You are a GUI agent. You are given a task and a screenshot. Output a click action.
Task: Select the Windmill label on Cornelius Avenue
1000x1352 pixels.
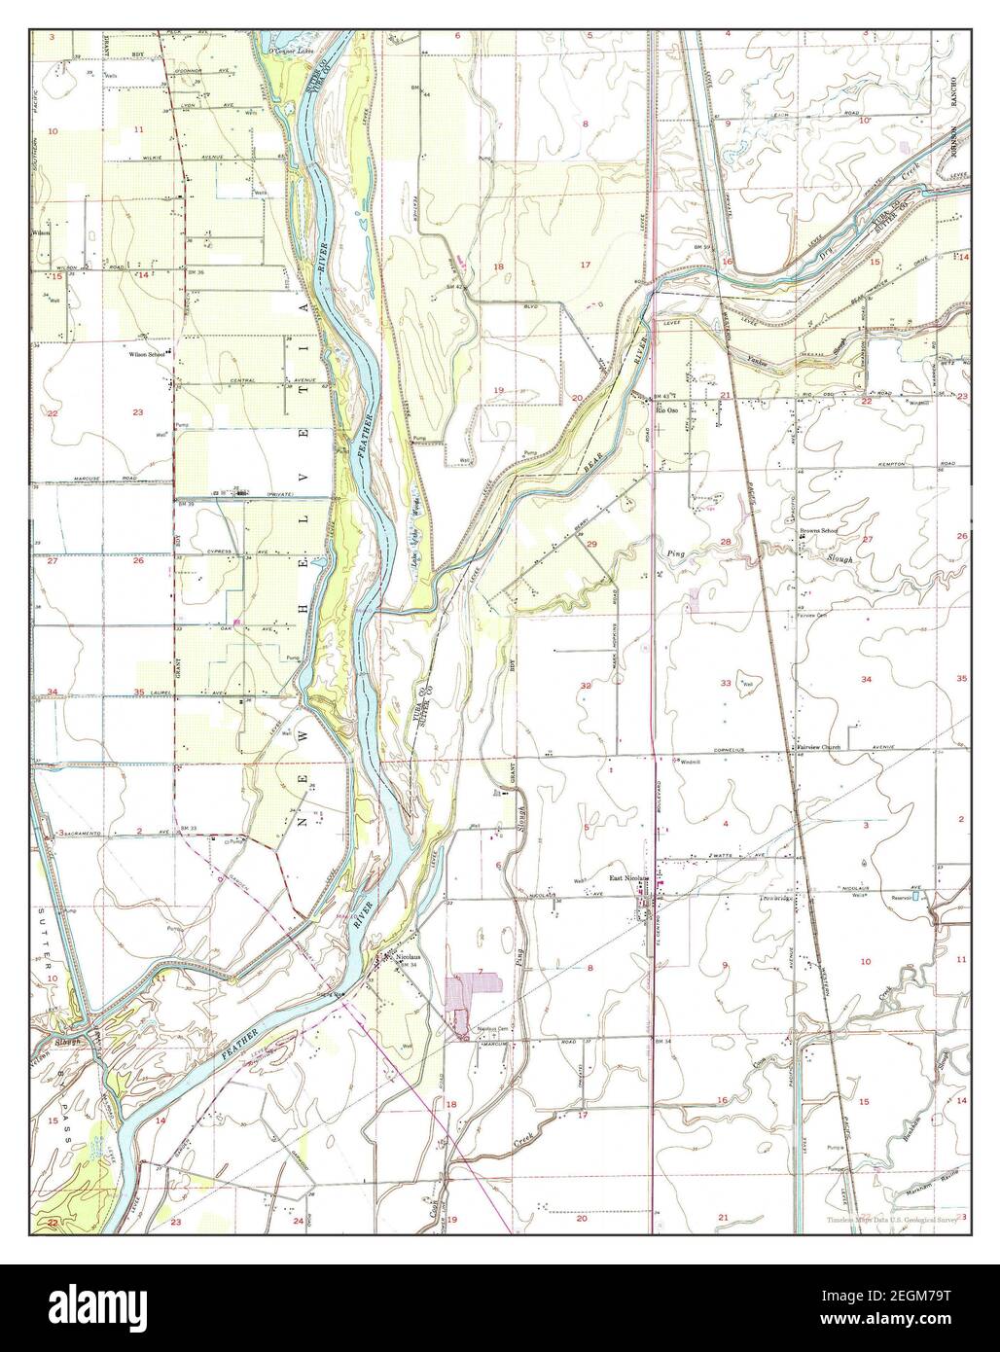tap(691, 761)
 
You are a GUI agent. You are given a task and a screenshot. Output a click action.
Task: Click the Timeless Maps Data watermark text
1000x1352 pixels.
tap(891, 1220)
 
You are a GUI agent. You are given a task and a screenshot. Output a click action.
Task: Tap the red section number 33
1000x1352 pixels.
tap(725, 684)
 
